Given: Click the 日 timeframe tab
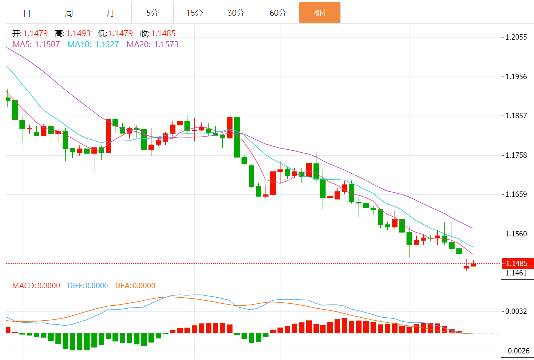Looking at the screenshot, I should (x=27, y=13).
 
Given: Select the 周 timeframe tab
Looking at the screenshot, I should (x=69, y=13).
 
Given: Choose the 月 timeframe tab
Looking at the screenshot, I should (x=110, y=13).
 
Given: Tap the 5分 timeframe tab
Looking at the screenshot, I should (x=152, y=13).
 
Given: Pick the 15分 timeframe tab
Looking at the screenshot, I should (x=194, y=13).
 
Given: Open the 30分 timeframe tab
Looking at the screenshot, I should (x=236, y=13).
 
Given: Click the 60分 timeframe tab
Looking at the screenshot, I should (x=278, y=13).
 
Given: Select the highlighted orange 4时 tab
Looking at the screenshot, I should (x=320, y=13).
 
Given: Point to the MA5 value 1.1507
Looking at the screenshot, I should (x=48, y=44).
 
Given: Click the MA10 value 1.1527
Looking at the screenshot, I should (x=107, y=44).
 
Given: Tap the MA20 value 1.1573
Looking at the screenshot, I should (x=166, y=44).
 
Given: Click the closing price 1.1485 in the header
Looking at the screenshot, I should (x=164, y=33).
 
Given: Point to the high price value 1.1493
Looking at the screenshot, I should (x=79, y=33).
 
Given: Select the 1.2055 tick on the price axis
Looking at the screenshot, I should (x=516, y=37).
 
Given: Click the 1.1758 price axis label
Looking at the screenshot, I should (x=516, y=155).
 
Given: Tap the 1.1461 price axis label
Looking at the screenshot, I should (x=516, y=273).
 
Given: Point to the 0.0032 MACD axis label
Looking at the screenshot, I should (x=516, y=311).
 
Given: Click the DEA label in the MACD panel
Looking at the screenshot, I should (x=122, y=286).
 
